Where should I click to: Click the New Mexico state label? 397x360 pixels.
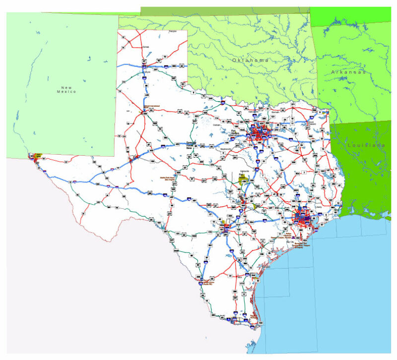[66, 89]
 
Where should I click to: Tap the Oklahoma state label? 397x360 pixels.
[251, 60]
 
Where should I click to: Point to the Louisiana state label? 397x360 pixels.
[366, 145]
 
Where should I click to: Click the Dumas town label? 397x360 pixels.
[145, 47]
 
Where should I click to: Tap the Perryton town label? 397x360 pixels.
[173, 31]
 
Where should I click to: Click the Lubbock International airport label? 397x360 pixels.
[152, 106]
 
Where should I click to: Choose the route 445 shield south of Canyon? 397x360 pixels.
[147, 95]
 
